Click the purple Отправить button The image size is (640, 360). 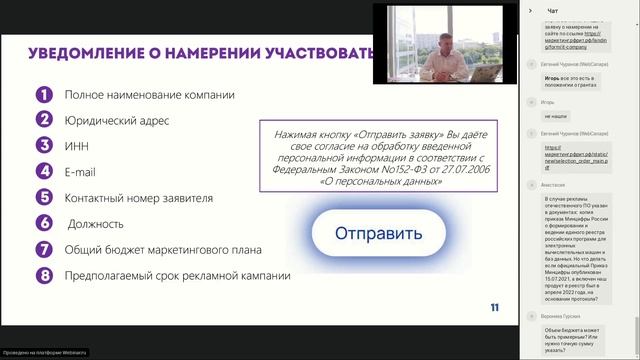pos(379,235)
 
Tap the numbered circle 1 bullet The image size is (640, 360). pos(44,95)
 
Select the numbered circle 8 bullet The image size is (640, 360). pos(44,275)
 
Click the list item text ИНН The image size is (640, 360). pos(76,146)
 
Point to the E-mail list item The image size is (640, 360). pos(80,172)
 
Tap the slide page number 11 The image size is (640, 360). pos(495,307)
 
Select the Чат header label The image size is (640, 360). pos(552,11)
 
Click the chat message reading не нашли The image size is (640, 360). pos(541,116)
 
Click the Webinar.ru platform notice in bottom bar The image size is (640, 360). pos(45,353)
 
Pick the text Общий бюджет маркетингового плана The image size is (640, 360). pos(163,249)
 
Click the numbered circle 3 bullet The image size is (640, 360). pos(44,146)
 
